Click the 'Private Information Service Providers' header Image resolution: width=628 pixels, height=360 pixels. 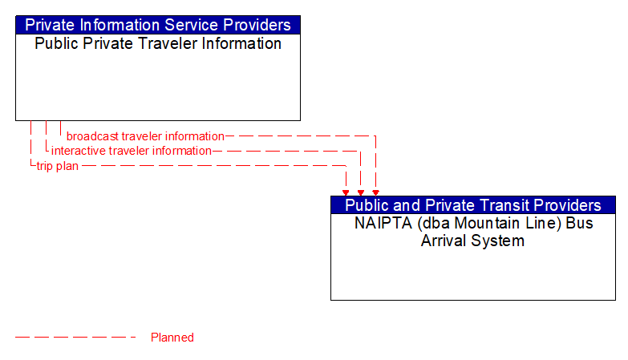coord(158,25)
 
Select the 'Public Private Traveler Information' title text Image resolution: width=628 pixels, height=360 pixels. coord(158,43)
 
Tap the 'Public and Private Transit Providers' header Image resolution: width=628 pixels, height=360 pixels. coord(472,205)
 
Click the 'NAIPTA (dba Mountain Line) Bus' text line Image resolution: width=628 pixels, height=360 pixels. coord(473,223)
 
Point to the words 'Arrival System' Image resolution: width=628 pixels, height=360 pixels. coord(472,241)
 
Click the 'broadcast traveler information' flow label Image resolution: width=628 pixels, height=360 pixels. coord(145,136)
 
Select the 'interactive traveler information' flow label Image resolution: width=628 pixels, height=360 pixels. coord(132,151)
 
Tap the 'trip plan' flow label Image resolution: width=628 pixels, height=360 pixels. coord(57,166)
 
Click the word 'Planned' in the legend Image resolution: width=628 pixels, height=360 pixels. coord(172,338)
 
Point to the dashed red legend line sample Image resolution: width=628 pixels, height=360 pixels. coord(76,338)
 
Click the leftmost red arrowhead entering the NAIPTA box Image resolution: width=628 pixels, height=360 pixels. coord(346,192)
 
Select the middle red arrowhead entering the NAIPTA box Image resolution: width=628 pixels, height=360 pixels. coord(361,192)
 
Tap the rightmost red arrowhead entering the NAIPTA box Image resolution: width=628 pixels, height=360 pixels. coord(375,192)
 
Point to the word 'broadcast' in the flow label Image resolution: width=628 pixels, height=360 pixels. coord(92,136)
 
